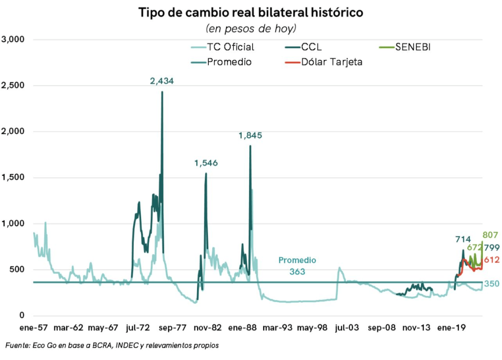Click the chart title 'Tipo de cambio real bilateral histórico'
(251, 12)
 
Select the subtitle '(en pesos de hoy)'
(251, 28)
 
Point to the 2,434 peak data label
(162, 81)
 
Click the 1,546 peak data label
(205, 163)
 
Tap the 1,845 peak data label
(250, 135)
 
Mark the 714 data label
(463, 239)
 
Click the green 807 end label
(490, 235)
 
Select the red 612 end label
(491, 260)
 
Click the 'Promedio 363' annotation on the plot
(298, 265)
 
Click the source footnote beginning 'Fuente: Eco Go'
(112, 346)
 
